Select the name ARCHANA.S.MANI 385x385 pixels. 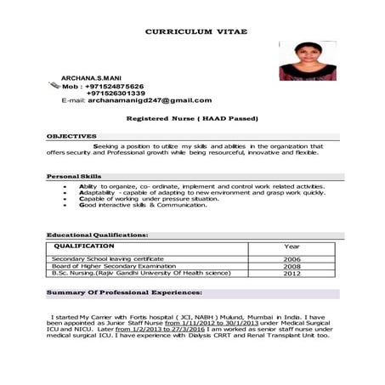point(91,77)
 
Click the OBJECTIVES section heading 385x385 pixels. point(71,136)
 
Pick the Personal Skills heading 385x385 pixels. point(74,176)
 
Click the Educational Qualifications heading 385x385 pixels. point(98,234)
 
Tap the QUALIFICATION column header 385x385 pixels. point(83,245)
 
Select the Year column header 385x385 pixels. point(292,245)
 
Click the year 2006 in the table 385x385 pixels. point(292,258)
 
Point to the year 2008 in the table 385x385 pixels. point(292,266)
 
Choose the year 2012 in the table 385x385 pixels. point(292,274)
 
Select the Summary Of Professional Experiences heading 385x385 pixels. point(124,292)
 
